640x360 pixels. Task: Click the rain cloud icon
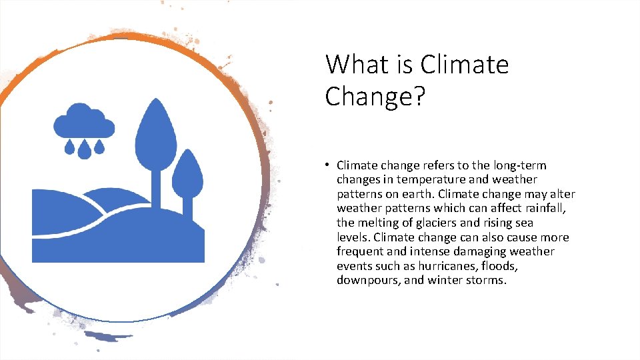click(84, 121)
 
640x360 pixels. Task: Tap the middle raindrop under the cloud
click(84, 151)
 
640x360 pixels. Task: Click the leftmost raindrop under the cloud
click(69, 146)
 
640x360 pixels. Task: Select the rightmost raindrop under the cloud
click(99, 146)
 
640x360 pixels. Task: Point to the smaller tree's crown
click(187, 172)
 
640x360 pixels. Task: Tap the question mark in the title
click(417, 96)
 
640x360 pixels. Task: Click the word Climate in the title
click(465, 65)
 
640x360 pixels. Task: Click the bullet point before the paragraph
click(329, 165)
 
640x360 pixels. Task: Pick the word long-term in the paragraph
click(521, 165)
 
